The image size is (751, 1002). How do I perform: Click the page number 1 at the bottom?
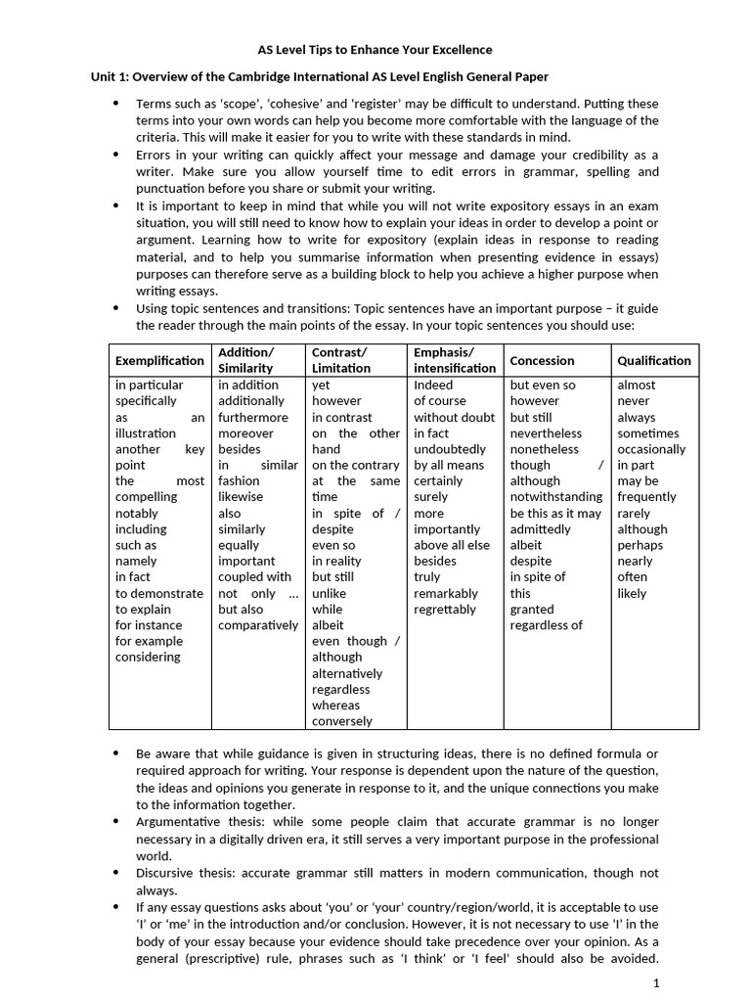[x=657, y=982]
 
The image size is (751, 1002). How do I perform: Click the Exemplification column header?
[x=159, y=360]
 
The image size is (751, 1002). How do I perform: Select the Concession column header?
[x=542, y=360]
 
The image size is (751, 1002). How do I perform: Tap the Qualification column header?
[x=653, y=360]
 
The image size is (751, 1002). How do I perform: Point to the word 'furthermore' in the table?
[x=253, y=417]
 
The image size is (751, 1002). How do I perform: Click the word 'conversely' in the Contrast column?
[x=342, y=721]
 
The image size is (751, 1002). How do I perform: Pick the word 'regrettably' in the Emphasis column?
[x=446, y=609]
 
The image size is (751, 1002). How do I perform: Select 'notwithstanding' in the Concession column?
[x=555, y=497]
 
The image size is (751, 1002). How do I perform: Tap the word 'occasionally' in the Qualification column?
[x=651, y=449]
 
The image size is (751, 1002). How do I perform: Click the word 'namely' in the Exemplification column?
[x=136, y=561]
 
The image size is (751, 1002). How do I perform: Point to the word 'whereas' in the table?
[x=335, y=705]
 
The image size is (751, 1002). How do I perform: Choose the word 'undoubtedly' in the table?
[x=450, y=449]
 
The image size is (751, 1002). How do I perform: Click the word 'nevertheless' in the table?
[x=546, y=433]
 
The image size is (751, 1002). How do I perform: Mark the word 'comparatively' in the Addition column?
[x=258, y=624]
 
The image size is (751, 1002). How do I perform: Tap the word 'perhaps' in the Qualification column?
[x=640, y=545]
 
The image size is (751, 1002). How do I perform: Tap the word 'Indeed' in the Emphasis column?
[x=433, y=385]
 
